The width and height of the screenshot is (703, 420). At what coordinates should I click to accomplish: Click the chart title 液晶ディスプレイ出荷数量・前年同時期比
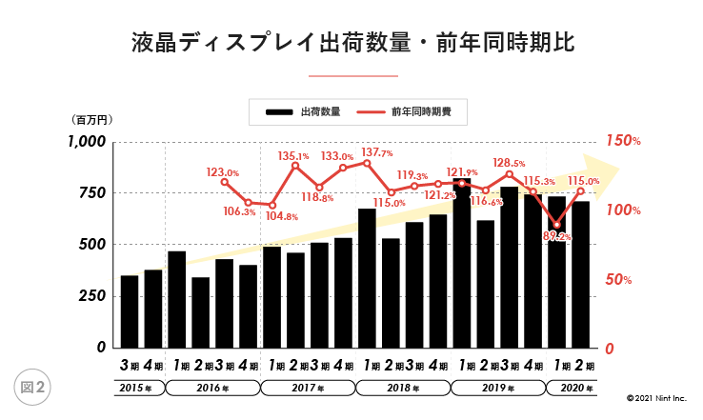click(351, 44)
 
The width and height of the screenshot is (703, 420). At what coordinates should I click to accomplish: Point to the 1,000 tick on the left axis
click(86, 142)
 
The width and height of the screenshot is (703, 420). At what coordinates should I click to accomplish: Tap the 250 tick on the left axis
click(92, 296)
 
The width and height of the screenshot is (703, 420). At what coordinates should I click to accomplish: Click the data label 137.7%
click(377, 152)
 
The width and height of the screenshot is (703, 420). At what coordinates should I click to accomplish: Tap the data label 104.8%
click(281, 217)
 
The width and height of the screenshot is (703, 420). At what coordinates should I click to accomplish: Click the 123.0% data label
click(223, 172)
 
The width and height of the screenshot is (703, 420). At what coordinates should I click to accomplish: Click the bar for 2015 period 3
click(129, 311)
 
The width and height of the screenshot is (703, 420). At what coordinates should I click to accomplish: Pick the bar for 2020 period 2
click(581, 274)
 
